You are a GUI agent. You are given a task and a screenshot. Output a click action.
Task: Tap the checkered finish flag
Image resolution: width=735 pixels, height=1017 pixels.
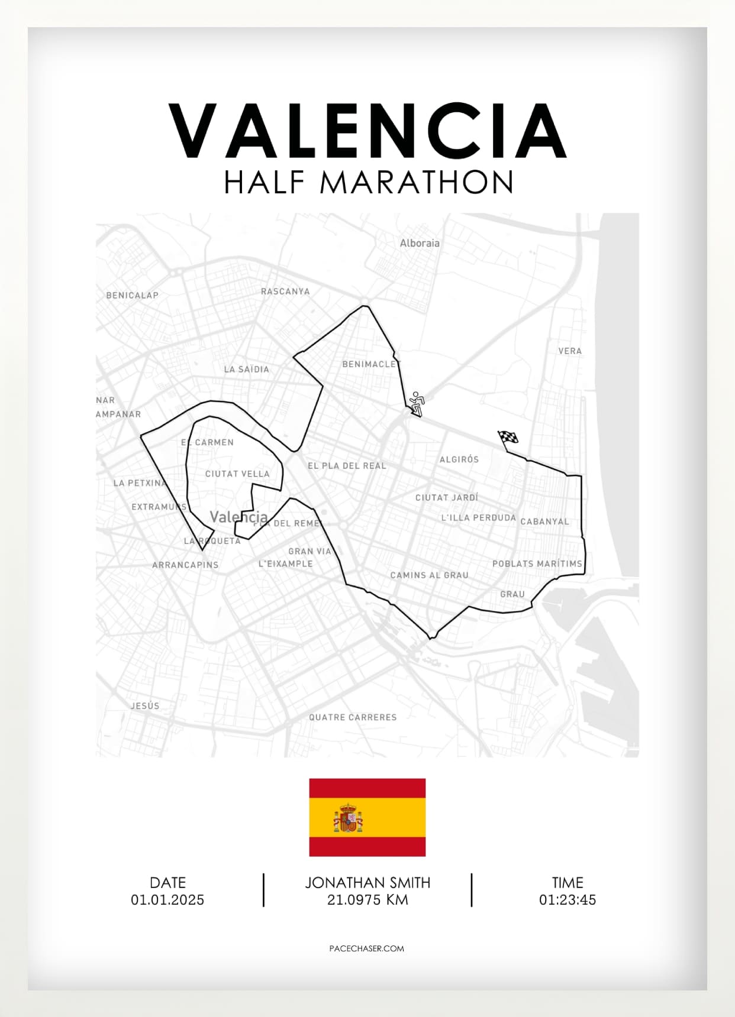508,438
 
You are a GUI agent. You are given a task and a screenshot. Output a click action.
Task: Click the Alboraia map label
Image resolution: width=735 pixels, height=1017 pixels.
420,243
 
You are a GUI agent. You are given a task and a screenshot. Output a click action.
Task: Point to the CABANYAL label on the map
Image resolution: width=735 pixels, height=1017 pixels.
544,522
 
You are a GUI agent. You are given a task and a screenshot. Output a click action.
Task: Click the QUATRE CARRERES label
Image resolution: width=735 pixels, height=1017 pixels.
353,717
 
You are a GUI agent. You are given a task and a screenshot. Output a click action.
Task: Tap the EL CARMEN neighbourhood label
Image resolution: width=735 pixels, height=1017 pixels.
207,442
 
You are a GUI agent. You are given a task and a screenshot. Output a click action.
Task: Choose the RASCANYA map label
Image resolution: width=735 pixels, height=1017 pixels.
285,292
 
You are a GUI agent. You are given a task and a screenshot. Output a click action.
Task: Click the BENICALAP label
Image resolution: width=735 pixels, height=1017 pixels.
132,295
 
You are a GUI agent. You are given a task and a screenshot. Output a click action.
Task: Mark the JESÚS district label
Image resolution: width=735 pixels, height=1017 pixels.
145,705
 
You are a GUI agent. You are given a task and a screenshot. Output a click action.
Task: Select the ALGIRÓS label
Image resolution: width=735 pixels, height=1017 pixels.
459,459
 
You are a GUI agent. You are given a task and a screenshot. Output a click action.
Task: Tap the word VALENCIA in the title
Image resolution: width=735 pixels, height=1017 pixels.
367,131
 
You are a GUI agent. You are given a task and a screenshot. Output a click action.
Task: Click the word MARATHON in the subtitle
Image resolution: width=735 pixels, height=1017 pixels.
417,182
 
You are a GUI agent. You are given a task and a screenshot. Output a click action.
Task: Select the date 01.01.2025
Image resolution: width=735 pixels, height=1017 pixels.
167,900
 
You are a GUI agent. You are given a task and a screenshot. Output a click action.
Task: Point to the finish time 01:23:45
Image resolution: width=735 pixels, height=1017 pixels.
568,900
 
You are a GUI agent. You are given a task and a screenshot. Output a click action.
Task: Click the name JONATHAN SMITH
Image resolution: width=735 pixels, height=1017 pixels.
367,883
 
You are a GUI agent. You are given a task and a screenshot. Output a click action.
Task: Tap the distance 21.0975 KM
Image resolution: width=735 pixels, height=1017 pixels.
367,900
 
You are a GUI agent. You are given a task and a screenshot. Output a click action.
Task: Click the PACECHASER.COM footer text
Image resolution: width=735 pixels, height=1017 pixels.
367,948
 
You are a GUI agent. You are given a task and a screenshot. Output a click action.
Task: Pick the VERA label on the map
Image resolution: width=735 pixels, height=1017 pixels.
570,351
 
